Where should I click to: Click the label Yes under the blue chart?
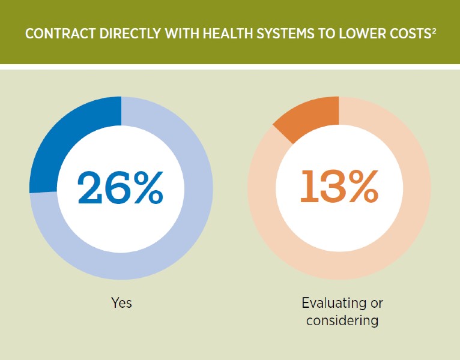click(121, 302)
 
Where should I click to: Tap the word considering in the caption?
click(342, 320)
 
